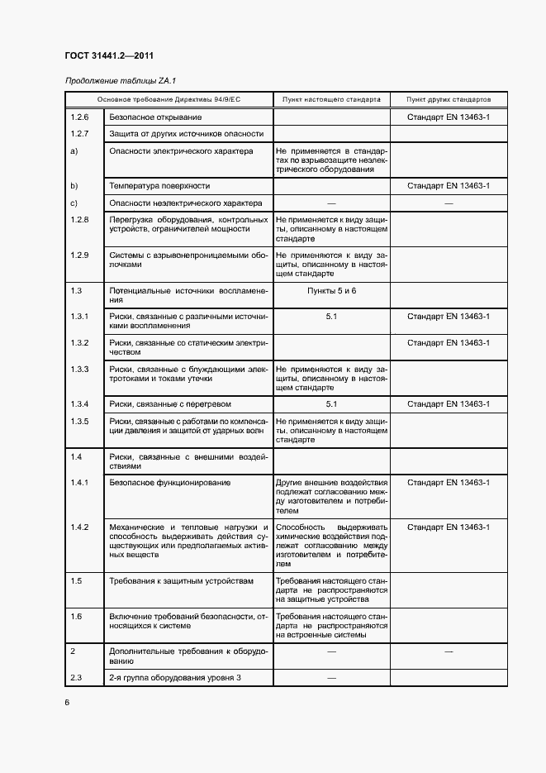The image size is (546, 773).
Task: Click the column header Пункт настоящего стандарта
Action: pyautogui.click(x=331, y=99)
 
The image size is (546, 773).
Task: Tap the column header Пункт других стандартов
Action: pyautogui.click(x=449, y=99)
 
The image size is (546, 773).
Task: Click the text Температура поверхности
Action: pyautogui.click(x=159, y=186)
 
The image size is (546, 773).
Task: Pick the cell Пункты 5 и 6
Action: pyautogui.click(x=331, y=291)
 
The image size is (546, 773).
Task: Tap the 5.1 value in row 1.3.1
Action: pyautogui.click(x=331, y=317)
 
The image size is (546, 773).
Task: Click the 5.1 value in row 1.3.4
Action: pyautogui.click(x=331, y=404)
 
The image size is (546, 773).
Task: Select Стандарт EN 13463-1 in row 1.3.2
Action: pyautogui.click(x=449, y=342)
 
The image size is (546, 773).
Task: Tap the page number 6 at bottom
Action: pyautogui.click(x=67, y=702)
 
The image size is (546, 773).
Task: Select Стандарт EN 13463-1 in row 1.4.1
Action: pyautogui.click(x=449, y=482)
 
